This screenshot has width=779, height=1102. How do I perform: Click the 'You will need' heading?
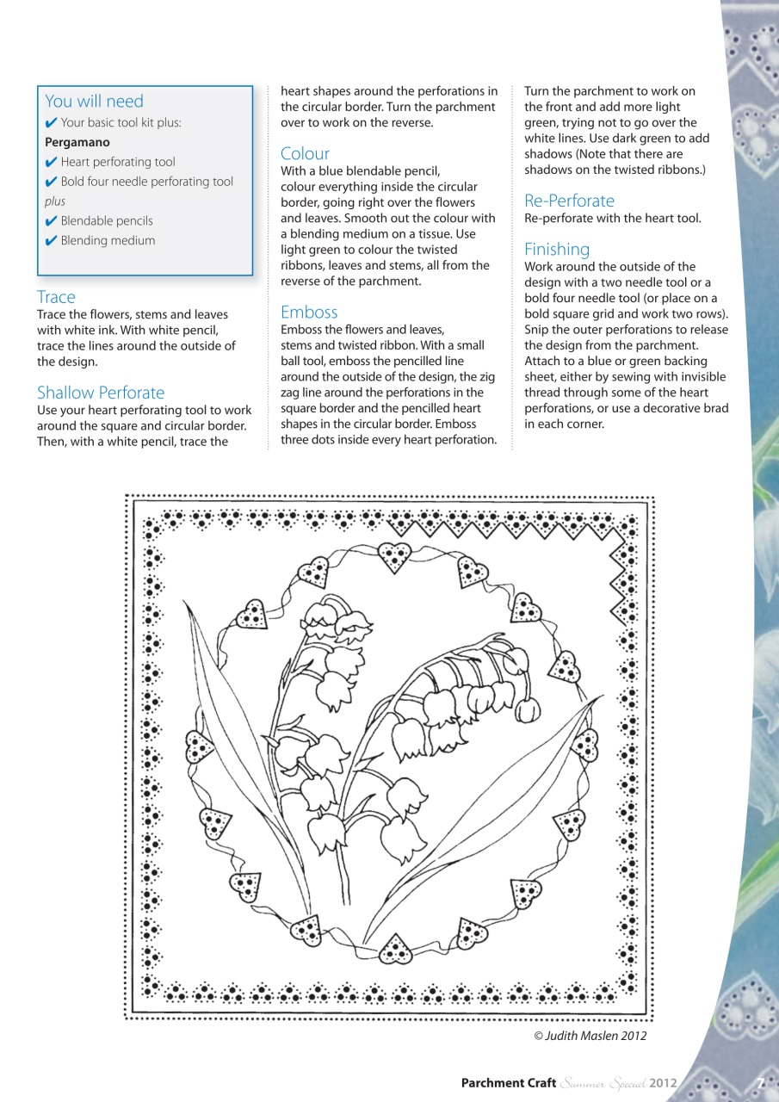94,102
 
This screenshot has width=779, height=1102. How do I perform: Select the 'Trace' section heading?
56,297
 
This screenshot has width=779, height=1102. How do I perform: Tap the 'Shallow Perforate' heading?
101,393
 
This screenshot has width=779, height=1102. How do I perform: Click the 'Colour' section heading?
305,153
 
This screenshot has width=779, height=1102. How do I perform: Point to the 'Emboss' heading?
309,312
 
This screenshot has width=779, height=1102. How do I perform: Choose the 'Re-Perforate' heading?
569,201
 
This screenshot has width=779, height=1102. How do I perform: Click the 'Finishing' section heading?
557,249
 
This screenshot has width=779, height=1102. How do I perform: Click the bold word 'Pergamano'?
77,142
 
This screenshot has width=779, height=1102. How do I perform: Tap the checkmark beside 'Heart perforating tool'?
51,162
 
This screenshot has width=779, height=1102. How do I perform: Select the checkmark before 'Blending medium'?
51,241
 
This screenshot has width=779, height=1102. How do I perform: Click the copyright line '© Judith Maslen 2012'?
590,1036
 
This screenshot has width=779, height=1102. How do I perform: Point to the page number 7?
760,1083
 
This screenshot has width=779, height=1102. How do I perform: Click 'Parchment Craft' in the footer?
509,1083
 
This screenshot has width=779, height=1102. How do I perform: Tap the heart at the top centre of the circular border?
395,557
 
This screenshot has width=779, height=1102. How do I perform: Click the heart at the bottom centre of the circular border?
395,950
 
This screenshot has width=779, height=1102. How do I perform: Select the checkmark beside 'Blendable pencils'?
51,221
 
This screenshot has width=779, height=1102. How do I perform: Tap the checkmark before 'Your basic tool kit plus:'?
51,122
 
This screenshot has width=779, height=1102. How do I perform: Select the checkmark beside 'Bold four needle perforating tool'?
51,182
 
